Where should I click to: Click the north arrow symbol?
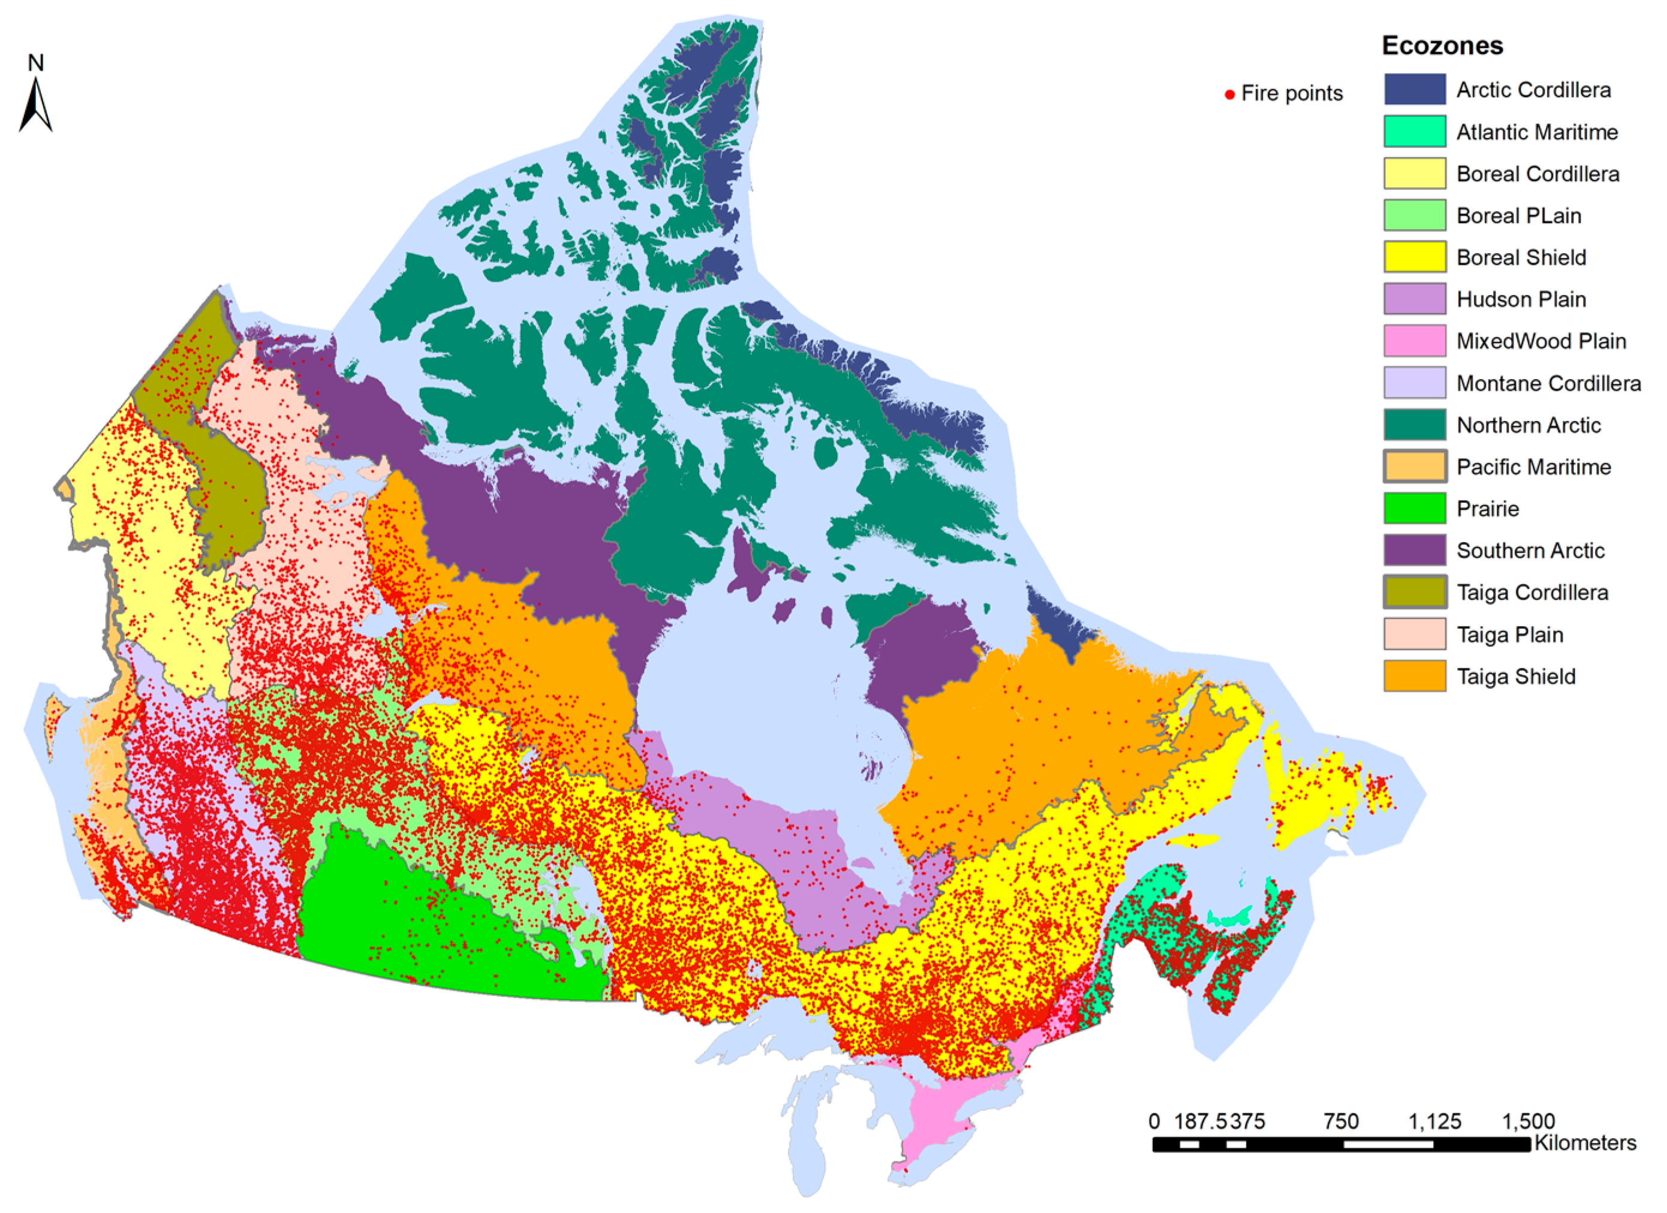[x=35, y=105]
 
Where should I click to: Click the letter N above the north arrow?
[x=35, y=63]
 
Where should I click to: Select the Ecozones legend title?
[x=1442, y=46]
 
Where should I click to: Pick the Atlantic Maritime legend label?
[x=1537, y=133]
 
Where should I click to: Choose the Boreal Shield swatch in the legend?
[x=1414, y=257]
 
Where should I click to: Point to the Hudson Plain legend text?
[x=1521, y=299]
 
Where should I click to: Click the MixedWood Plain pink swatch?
[x=1414, y=341]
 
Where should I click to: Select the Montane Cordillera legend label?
[x=1548, y=383]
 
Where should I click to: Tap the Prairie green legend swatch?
[x=1414, y=508]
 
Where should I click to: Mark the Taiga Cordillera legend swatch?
[x=1414, y=592]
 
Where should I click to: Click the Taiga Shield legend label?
[x=1515, y=676]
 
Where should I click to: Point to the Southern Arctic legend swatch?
[x=1414, y=550]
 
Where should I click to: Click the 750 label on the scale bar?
[x=1341, y=1122]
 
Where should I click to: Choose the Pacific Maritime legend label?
[x=1533, y=467]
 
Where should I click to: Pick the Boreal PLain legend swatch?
[x=1414, y=215]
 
